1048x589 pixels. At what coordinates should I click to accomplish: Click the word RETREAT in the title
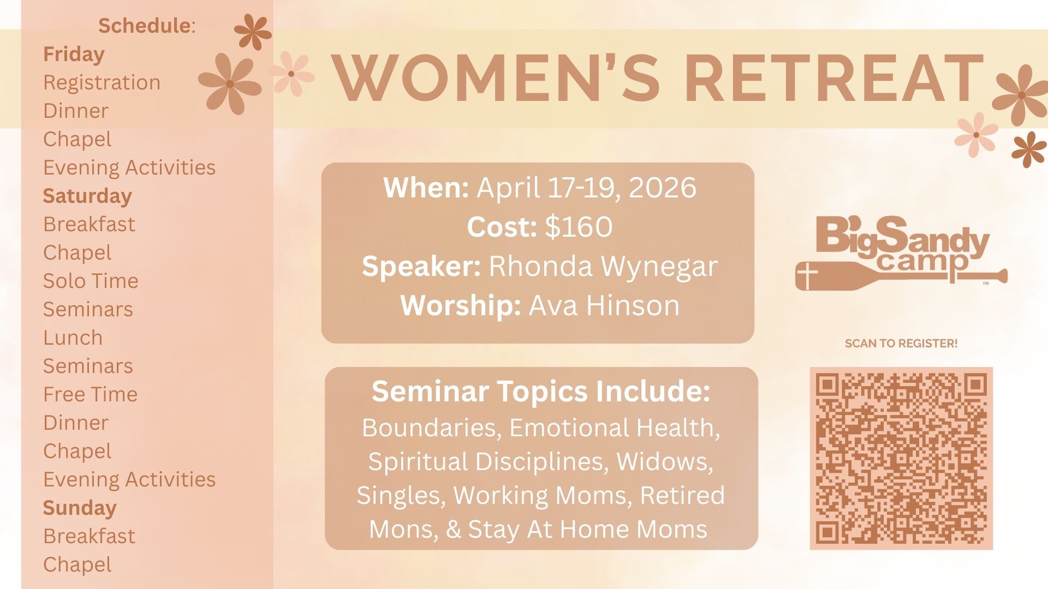(834, 77)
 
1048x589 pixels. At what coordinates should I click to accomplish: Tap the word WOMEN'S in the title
(496, 77)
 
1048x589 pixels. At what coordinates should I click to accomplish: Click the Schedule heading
(147, 26)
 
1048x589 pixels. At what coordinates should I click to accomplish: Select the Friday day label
(74, 54)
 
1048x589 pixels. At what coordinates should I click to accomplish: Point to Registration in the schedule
(102, 83)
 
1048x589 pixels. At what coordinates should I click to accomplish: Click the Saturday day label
(87, 196)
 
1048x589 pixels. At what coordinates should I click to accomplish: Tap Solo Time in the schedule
(91, 281)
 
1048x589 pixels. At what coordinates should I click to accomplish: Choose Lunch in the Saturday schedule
(73, 338)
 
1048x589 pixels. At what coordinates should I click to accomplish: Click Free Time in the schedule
(91, 394)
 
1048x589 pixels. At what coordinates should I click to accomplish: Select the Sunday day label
(80, 508)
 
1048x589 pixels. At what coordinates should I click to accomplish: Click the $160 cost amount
(579, 226)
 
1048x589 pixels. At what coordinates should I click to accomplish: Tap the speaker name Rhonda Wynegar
(603, 267)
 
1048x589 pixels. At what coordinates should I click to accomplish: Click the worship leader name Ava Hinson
(605, 305)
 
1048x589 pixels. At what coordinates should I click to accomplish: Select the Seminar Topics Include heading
(541, 391)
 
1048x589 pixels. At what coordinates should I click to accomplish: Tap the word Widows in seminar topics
(665, 461)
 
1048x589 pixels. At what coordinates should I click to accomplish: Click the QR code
(901, 458)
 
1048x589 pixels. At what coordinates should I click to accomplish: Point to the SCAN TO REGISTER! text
(901, 344)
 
